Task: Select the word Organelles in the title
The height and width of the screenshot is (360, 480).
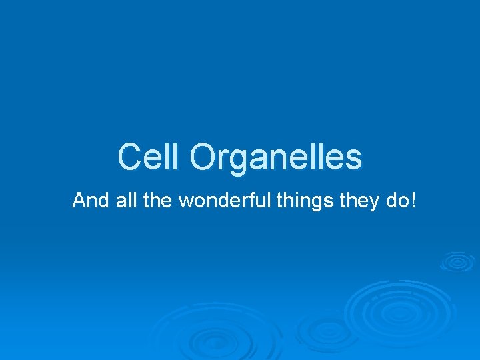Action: tap(275, 158)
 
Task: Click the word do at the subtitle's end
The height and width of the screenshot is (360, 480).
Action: tap(398, 200)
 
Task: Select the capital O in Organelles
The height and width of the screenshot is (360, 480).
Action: tap(202, 157)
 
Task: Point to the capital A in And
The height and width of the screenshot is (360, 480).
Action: tap(79, 200)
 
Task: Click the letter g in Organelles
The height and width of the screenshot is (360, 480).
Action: tap(236, 161)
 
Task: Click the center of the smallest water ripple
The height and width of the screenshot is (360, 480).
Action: tap(457, 261)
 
